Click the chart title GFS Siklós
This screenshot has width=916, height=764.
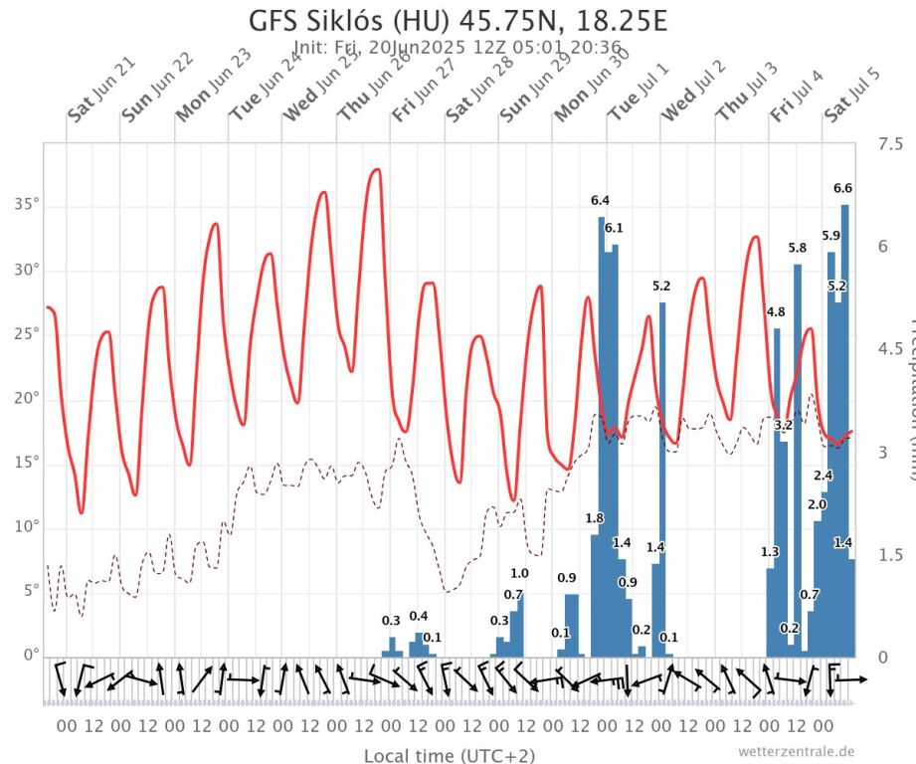(x=458, y=21)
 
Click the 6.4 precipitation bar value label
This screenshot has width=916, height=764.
(x=600, y=201)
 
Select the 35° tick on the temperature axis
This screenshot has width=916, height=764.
(x=25, y=206)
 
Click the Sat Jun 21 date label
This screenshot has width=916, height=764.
(x=100, y=90)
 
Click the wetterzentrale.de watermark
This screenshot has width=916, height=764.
(x=796, y=751)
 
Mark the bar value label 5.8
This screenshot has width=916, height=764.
(x=798, y=248)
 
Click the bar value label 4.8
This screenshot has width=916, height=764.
(x=776, y=312)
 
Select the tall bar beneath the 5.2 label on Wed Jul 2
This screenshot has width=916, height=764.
(x=661, y=477)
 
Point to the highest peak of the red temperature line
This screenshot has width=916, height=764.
(x=376, y=169)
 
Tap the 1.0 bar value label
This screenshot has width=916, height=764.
(x=519, y=574)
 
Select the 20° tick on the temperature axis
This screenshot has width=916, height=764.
(x=25, y=398)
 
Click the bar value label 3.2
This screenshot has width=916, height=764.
(x=783, y=426)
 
